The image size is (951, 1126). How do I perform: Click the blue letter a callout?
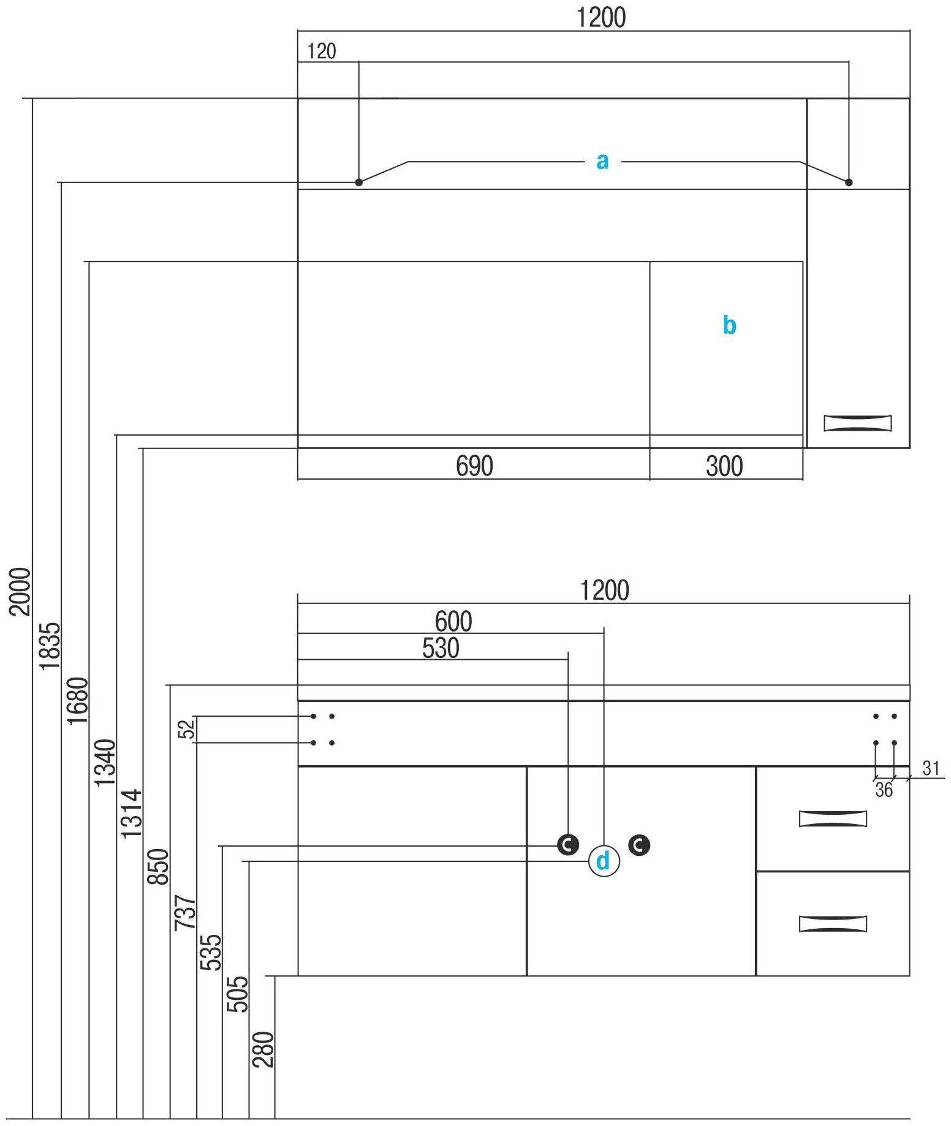click(602, 161)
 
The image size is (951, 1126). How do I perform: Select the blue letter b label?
click(729, 325)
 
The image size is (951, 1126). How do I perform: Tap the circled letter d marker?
click(604, 861)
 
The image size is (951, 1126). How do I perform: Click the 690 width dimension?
click(474, 466)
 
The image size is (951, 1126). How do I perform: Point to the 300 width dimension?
click(724, 466)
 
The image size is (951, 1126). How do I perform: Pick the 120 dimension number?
click(322, 51)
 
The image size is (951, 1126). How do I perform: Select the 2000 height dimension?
click(20, 591)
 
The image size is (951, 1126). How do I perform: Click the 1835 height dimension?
click(50, 646)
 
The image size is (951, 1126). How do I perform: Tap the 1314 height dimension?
click(131, 814)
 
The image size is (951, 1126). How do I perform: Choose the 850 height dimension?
click(158, 867)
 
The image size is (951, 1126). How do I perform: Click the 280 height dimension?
click(263, 1049)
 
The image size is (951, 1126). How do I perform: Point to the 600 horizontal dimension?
click(453, 621)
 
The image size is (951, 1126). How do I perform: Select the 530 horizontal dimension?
click(441, 648)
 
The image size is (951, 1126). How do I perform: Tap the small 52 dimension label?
click(186, 729)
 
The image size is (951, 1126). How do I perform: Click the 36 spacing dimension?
click(884, 790)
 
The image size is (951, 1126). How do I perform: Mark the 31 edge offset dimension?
click(931, 768)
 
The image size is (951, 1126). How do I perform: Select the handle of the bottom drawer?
click(833, 923)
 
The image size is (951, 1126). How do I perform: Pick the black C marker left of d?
click(568, 845)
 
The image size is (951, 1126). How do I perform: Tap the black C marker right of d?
click(639, 845)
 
